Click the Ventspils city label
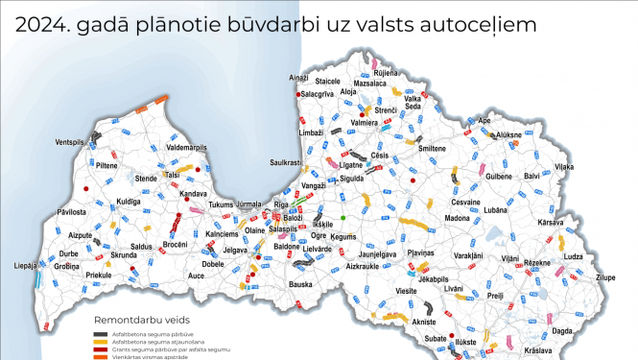pyautogui.click(x=71, y=142)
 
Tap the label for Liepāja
pyautogui.click(x=25, y=265)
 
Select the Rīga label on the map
pyautogui.click(x=281, y=205)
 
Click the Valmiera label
pyautogui.click(x=364, y=123)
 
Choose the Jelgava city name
pyautogui.click(x=236, y=251)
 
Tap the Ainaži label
pyautogui.click(x=301, y=76)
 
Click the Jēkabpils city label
pyautogui.click(x=435, y=278)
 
